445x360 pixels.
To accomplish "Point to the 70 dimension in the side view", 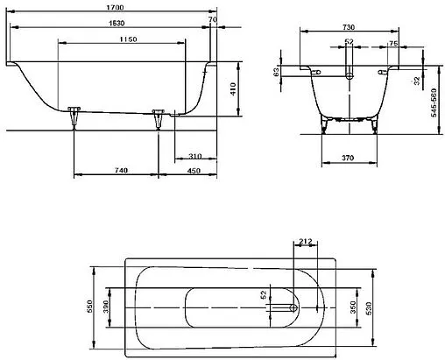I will [x=212, y=18].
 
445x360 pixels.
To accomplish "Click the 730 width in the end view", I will [x=348, y=28].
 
